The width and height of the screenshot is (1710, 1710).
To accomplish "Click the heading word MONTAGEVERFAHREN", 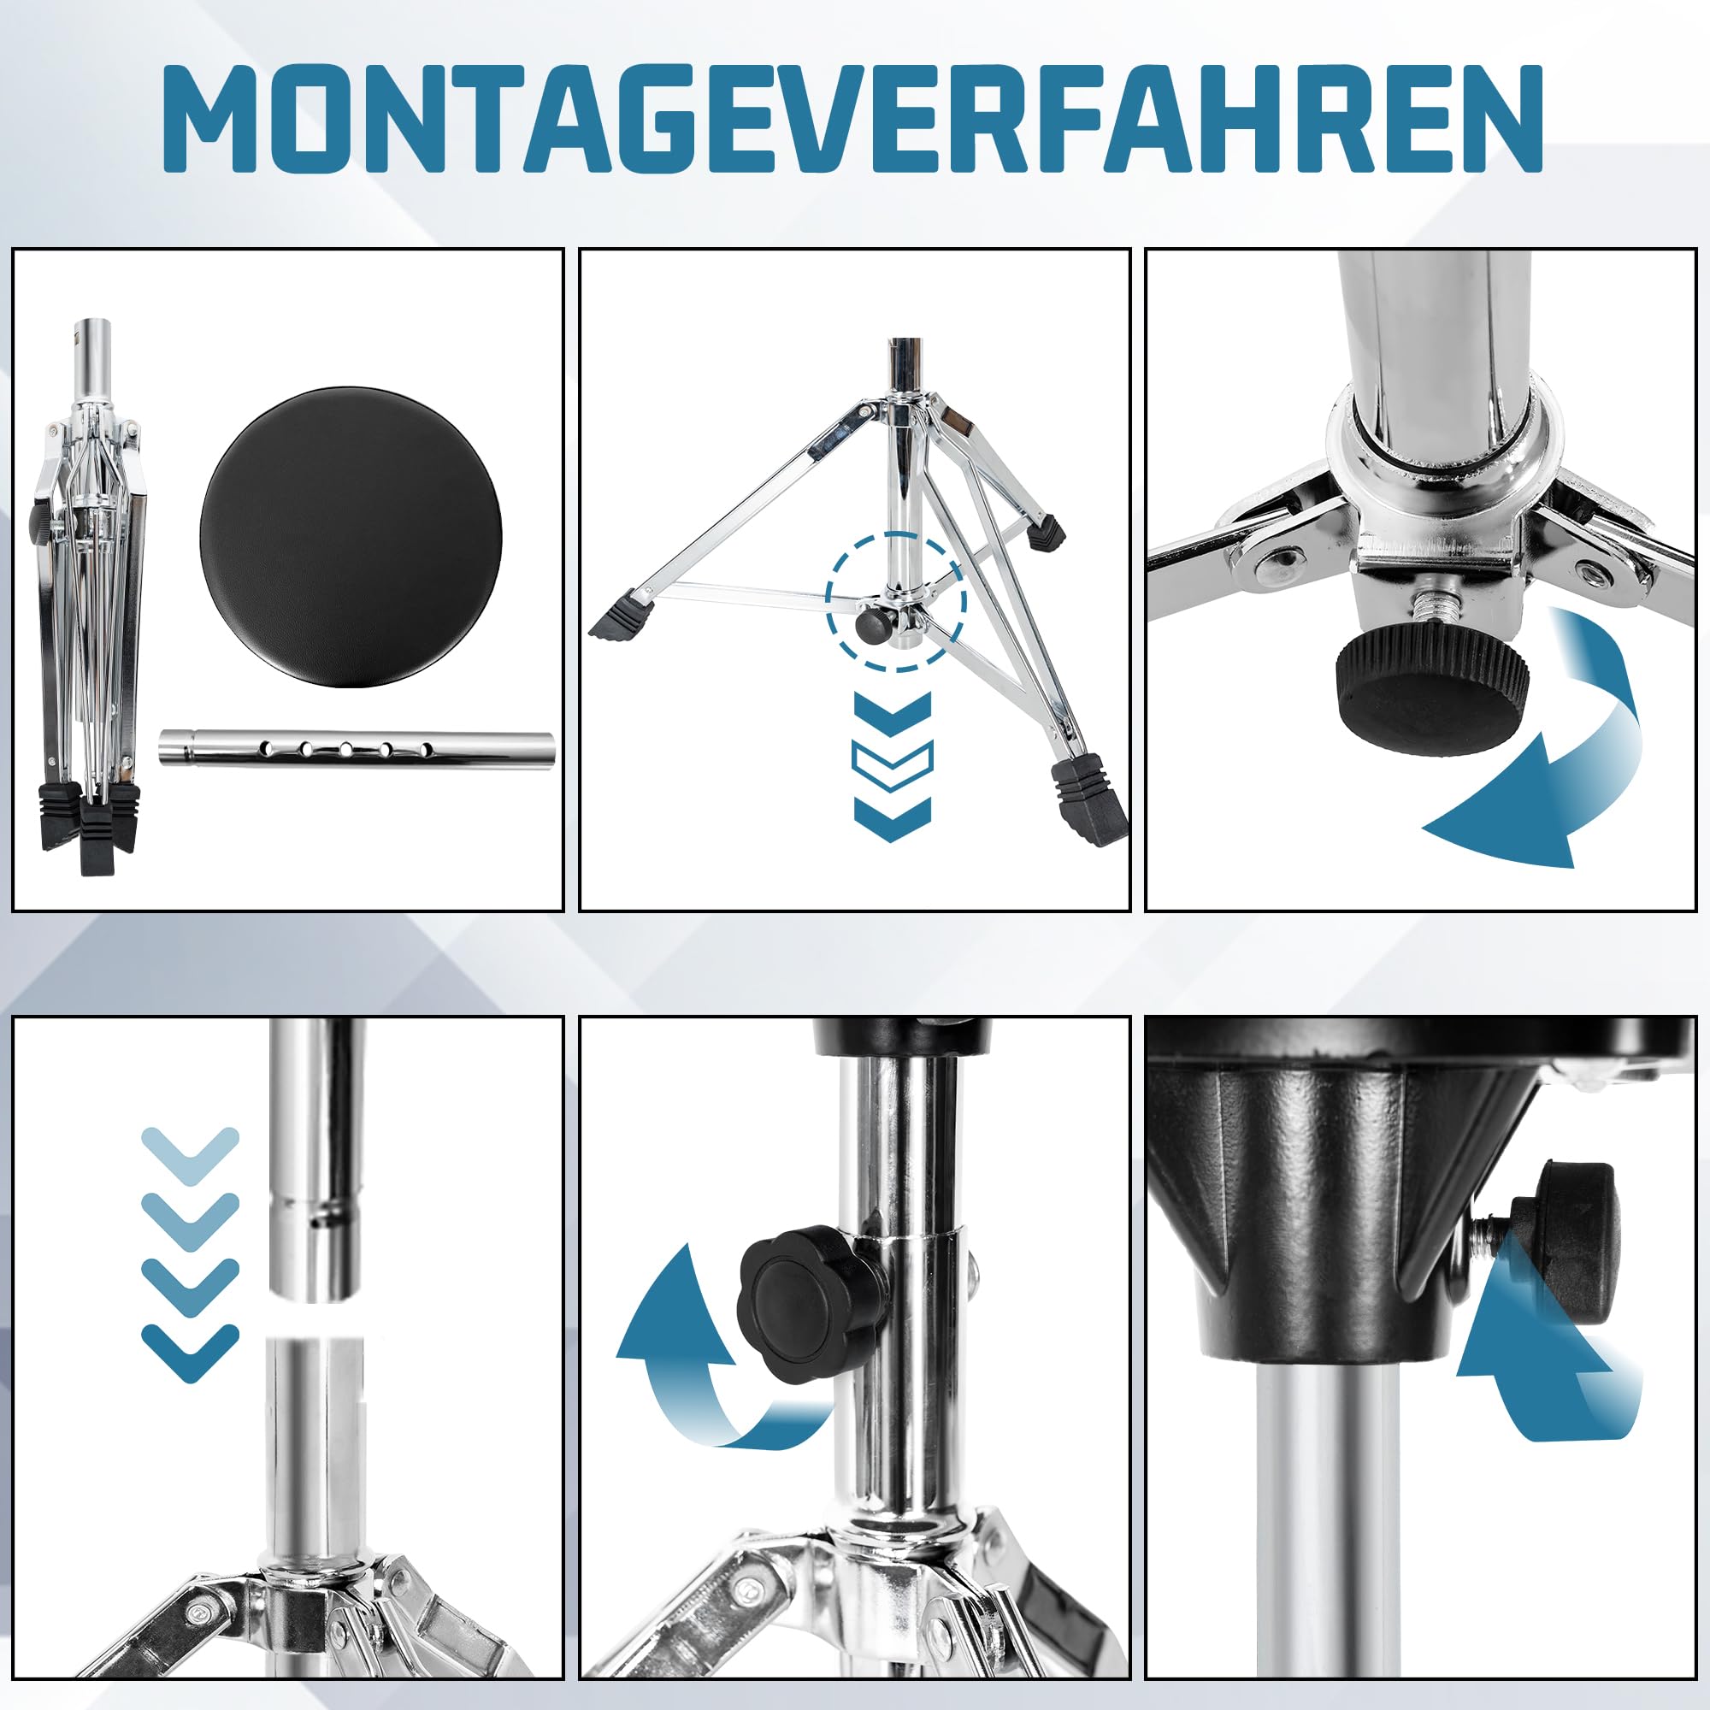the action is [852, 118].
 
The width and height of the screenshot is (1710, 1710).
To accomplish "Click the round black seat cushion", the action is [351, 535].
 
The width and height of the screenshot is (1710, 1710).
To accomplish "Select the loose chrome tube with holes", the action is [356, 748].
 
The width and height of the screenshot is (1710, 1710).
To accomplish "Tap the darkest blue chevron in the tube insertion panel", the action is [191, 1353].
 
